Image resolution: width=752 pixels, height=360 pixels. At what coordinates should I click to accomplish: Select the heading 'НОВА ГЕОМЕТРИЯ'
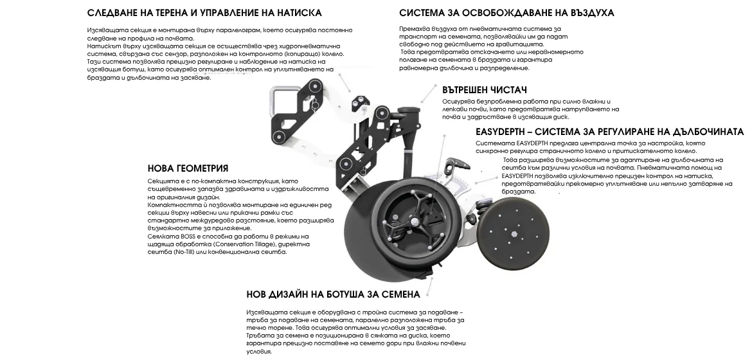[188, 168]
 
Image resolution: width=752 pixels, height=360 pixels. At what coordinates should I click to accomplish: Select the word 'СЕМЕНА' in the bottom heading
[402, 294]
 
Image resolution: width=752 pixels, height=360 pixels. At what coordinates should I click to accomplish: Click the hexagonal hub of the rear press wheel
[514, 234]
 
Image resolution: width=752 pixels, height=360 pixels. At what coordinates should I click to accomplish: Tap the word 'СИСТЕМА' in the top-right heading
[420, 13]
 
